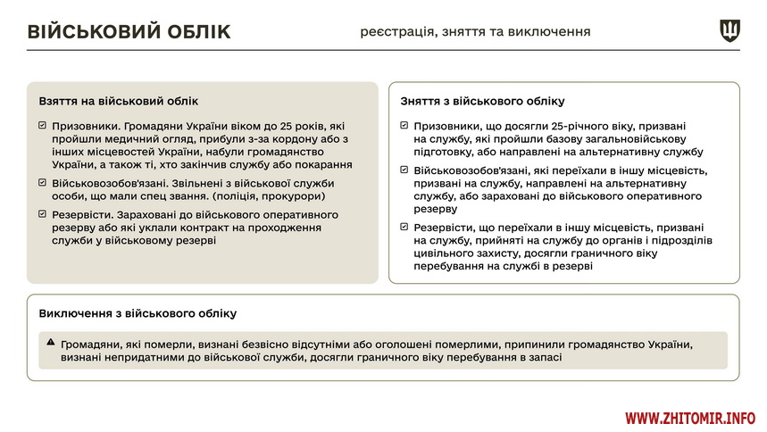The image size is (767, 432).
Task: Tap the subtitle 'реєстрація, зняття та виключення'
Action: [475, 31]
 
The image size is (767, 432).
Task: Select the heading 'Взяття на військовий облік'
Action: [119, 102]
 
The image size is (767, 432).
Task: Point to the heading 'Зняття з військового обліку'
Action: [482, 102]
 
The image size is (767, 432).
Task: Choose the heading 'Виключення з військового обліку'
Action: [138, 314]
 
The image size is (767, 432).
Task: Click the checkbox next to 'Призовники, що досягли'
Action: [405, 126]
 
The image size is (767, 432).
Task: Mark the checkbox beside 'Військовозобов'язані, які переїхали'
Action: [405, 170]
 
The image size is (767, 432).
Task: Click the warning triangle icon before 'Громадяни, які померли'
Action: [51, 343]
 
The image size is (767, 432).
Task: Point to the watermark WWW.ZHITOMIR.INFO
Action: [689, 418]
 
